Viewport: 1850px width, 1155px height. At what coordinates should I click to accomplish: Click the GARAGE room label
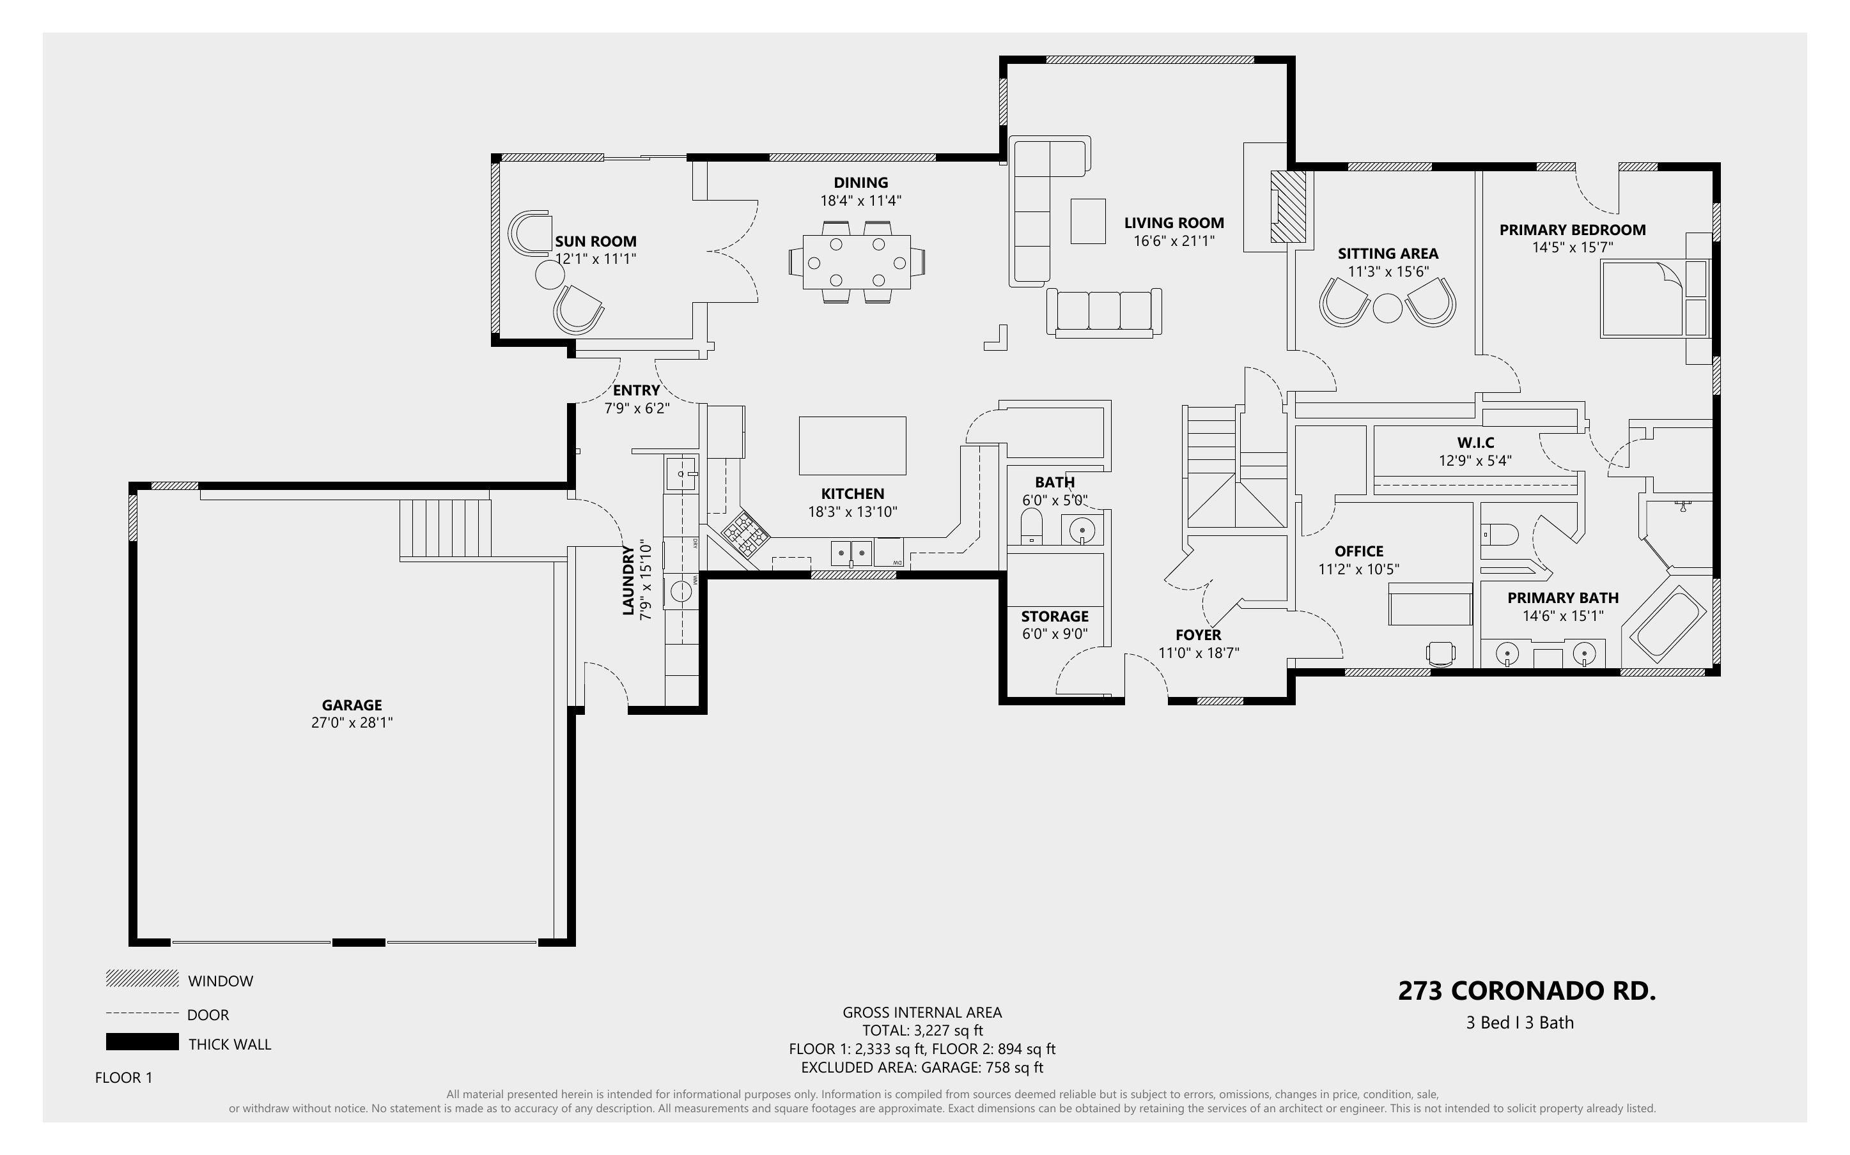352,705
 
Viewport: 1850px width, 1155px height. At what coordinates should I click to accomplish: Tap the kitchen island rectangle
852,445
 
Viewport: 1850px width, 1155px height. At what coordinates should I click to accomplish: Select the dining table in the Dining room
857,262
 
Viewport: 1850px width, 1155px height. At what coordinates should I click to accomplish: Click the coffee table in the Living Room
1087,221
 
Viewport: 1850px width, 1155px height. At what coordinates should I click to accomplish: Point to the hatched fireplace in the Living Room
1287,206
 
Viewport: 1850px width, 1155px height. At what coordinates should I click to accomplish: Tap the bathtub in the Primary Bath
1669,624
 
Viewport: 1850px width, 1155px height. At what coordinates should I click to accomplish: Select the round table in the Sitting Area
1388,308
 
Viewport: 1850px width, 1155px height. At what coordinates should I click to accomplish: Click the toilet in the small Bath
1032,527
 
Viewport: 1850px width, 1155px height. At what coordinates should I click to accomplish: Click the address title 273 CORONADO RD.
1527,991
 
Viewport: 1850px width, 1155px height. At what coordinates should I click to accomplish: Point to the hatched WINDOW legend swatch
142,979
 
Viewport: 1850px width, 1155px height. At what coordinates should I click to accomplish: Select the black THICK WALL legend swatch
142,1042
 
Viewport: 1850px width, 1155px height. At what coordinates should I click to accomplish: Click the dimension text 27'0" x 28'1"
352,723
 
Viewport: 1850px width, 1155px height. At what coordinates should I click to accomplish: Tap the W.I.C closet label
1475,442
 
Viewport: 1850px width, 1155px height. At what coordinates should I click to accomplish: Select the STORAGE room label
1055,616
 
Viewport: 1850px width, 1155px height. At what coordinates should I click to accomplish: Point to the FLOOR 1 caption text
124,1078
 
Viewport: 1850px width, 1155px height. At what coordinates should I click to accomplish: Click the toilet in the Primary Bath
1499,534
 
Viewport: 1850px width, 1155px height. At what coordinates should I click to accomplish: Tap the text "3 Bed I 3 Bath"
1520,1023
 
